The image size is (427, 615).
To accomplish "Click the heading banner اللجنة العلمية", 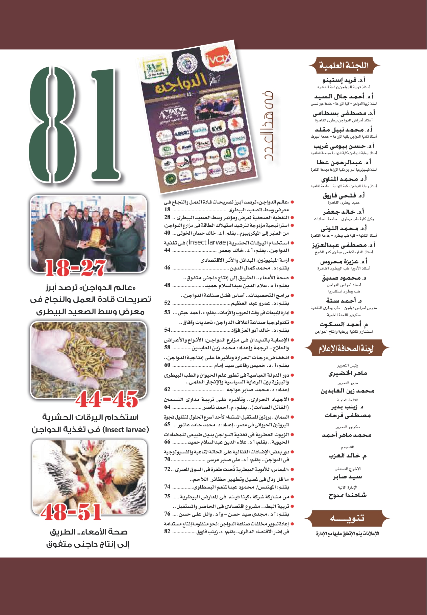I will tap(344, 65).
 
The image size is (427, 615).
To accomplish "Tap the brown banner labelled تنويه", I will tap(347, 518).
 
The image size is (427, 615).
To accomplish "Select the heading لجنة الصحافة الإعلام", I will tap(346, 349).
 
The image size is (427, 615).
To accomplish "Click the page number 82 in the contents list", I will tap(167, 531).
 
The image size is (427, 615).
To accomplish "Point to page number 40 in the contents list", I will tap(167, 233).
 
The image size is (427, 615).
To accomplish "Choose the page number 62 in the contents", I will tap(167, 389).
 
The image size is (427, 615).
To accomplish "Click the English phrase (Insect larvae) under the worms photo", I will tap(127, 430).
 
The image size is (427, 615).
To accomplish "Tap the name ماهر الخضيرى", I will tap(348, 374).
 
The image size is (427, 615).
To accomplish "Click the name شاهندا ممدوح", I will tap(348, 495).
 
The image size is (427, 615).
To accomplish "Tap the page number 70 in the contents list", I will tap(167, 459).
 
